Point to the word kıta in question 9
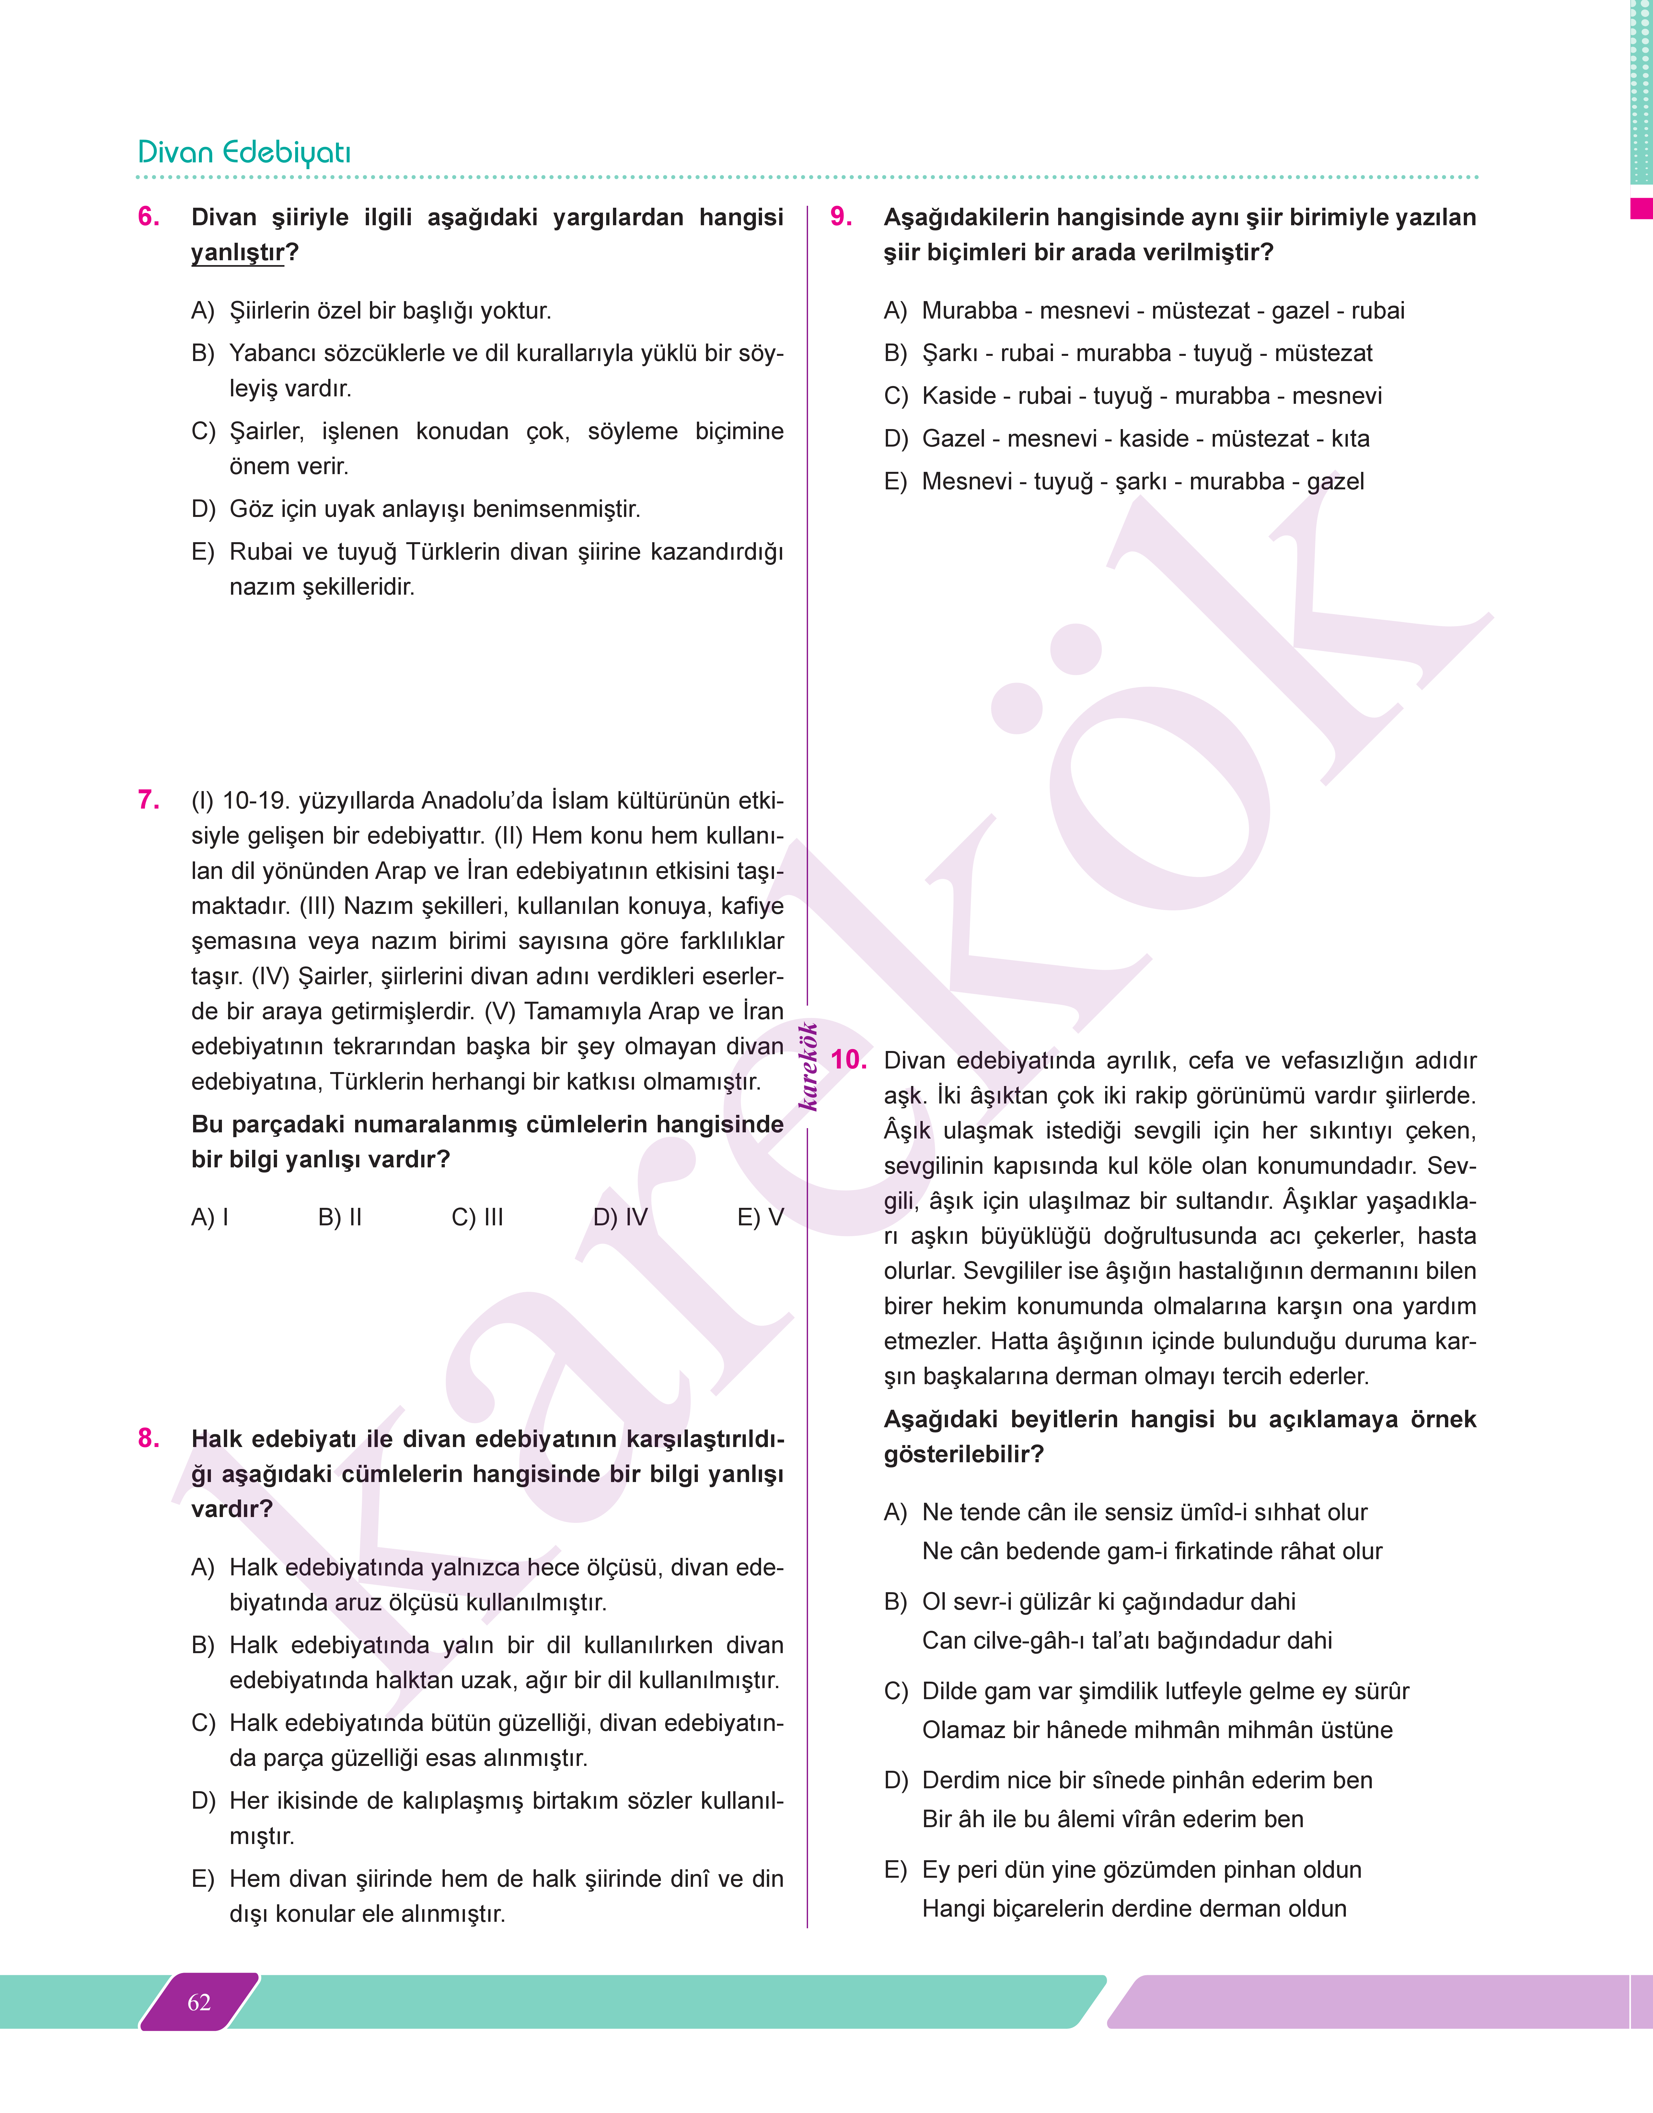1350,438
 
